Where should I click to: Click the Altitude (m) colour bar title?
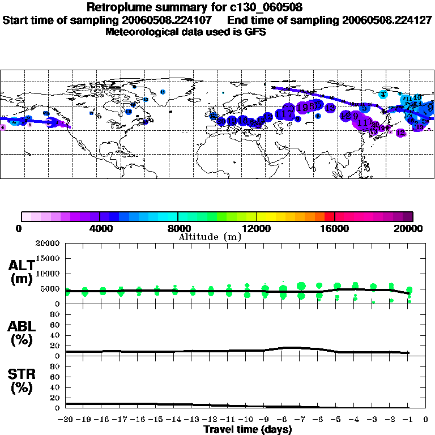210,237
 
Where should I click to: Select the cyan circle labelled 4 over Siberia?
383,95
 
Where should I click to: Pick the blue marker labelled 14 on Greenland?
163,92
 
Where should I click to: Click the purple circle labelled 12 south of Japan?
400,133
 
